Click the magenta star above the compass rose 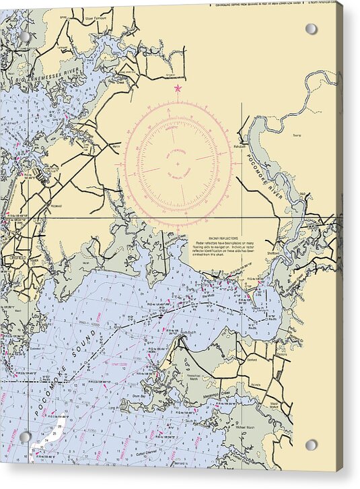[x=178, y=88]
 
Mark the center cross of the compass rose [x=178, y=163]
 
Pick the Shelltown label [x=272, y=253]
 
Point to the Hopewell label [x=56, y=206]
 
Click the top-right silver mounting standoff [x=311, y=29]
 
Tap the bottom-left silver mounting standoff [x=25, y=437]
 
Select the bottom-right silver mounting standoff [x=311, y=445]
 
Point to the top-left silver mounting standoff [x=25, y=37]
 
